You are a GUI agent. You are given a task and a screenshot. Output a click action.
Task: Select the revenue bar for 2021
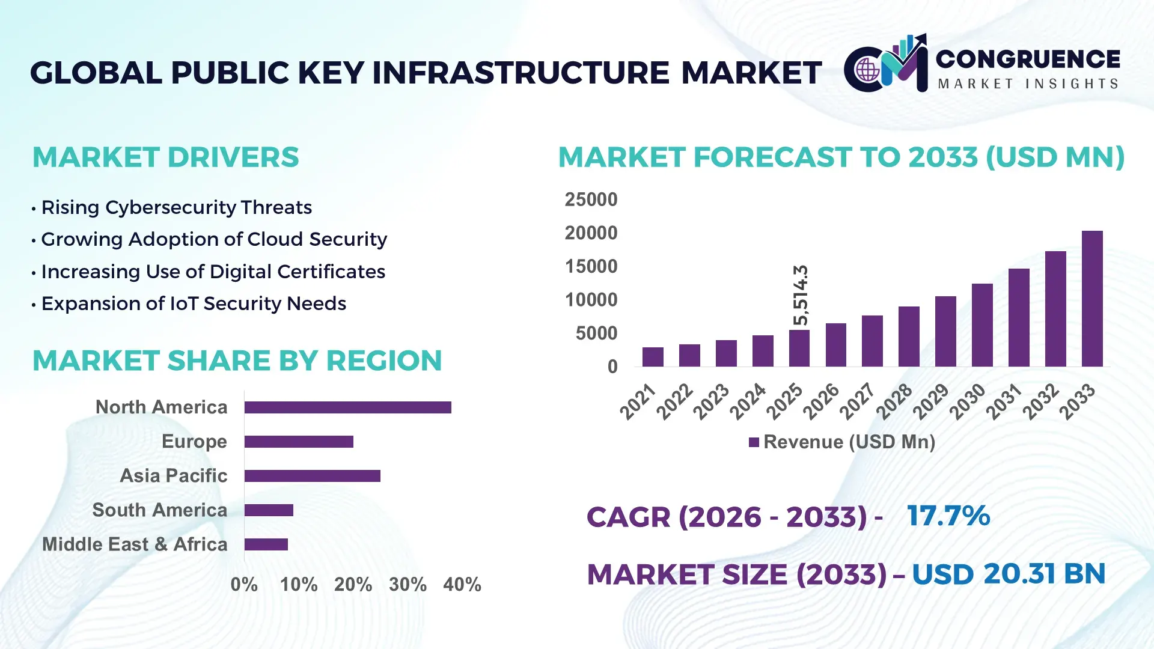(x=653, y=357)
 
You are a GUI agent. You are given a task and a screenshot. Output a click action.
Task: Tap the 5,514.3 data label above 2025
(x=800, y=295)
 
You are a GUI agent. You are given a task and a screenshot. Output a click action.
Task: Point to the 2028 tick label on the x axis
(x=895, y=401)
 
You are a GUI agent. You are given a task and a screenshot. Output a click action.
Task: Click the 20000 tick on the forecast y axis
(x=591, y=233)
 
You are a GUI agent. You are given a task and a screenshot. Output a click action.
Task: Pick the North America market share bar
(x=347, y=407)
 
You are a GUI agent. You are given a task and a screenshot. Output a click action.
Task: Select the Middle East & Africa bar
(x=266, y=544)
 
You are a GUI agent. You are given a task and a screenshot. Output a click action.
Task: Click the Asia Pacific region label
(x=174, y=475)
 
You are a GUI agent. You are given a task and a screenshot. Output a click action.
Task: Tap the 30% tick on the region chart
(x=408, y=584)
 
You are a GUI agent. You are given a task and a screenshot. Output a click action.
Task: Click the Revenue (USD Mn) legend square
(x=754, y=442)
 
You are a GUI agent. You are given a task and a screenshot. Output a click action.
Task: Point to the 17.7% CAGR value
(x=948, y=516)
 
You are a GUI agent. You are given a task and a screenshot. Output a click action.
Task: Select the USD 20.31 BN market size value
(x=1009, y=574)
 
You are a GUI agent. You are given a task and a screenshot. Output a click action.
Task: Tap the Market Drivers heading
(x=165, y=157)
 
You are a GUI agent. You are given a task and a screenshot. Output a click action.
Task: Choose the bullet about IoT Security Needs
(x=194, y=303)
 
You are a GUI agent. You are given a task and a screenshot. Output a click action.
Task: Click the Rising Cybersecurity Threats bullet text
(x=176, y=207)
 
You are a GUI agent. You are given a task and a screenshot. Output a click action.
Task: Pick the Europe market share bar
(x=299, y=442)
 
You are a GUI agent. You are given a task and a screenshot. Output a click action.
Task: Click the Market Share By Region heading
(x=237, y=361)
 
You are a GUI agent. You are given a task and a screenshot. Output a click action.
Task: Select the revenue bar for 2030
(x=982, y=325)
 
